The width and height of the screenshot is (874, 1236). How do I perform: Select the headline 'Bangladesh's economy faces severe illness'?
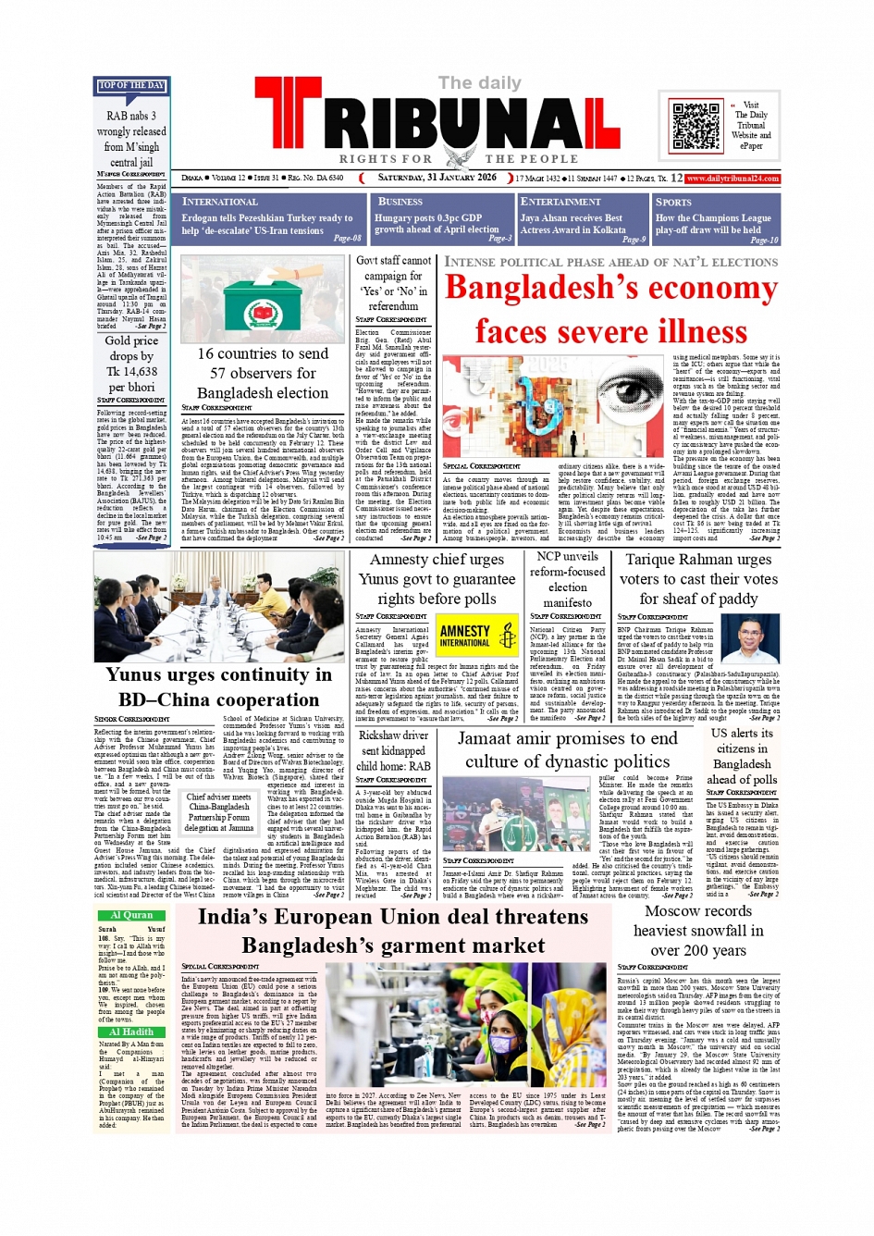[610, 309]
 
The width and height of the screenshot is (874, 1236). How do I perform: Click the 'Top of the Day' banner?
[131, 86]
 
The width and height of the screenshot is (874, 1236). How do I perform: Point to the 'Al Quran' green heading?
[131, 915]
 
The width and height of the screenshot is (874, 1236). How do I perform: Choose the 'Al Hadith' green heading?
[131, 1032]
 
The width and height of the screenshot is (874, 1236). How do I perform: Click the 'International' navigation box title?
[220, 202]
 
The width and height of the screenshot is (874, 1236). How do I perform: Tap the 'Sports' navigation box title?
[673, 202]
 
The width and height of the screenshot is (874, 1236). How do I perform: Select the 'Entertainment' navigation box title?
[560, 202]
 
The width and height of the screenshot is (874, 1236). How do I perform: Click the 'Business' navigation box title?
[400, 202]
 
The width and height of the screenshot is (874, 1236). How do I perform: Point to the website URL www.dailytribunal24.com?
[732, 179]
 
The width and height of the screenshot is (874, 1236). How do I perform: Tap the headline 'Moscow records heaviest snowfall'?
[698, 930]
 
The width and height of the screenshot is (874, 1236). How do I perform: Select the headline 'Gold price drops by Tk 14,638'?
[131, 364]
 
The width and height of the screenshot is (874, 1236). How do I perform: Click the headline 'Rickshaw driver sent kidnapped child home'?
[394, 750]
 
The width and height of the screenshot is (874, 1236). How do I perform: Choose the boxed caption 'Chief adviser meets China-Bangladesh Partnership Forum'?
[219, 812]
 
